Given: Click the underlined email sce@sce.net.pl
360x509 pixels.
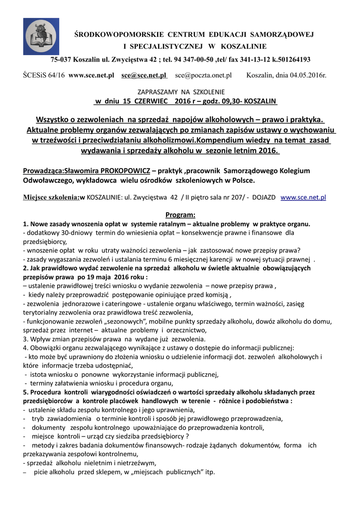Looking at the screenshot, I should pos(144,75).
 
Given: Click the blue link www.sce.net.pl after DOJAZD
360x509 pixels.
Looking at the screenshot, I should pos(303,197).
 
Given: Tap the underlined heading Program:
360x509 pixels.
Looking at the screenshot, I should pos(180,215).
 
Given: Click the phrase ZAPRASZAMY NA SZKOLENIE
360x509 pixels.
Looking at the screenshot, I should pos(180,92).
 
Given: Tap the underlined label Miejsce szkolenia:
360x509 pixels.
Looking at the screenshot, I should pos(51,197).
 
